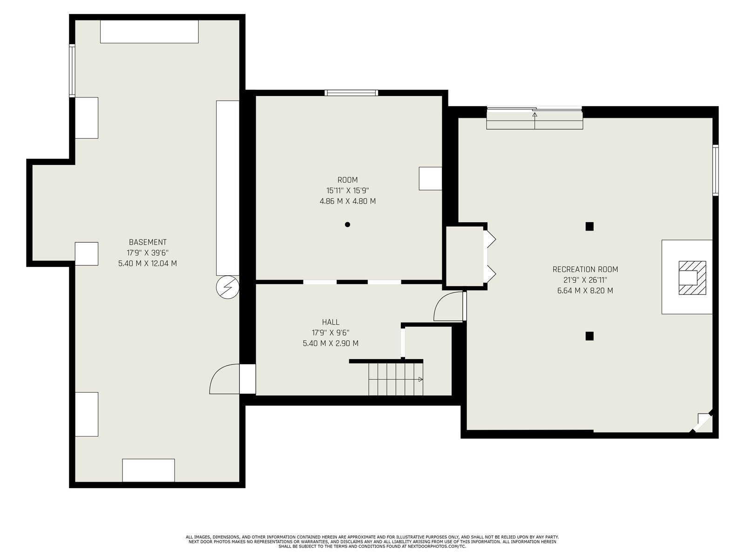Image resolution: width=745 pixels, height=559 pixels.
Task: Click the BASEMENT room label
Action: (148, 242)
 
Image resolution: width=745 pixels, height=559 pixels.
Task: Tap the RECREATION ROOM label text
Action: (585, 270)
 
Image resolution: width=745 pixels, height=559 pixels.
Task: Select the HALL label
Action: (331, 322)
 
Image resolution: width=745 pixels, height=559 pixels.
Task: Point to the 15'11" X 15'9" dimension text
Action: (347, 191)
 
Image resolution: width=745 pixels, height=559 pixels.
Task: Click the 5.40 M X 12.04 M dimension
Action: (148, 263)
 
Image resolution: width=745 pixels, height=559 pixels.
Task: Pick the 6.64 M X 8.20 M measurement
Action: (585, 291)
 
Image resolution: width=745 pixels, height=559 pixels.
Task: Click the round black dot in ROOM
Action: (347, 225)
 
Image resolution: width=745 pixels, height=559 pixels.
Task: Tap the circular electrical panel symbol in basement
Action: (227, 287)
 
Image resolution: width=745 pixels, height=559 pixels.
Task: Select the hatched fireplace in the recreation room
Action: (692, 278)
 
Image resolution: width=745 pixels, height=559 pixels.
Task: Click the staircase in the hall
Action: (396, 379)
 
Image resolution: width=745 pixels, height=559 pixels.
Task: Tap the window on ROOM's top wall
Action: (351, 93)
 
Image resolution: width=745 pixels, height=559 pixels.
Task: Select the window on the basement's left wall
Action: (72, 71)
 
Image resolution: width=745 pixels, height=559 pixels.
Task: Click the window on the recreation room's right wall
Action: (716, 170)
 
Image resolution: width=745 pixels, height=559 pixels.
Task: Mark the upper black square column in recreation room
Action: (589, 226)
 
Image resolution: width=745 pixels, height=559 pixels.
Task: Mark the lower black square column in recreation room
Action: (589, 336)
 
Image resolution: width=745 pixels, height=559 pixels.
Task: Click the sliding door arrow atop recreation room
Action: (535, 121)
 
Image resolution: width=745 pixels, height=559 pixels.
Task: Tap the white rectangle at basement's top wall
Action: (149, 32)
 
